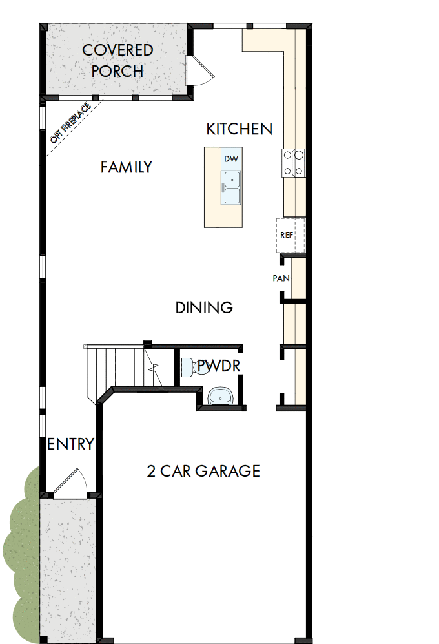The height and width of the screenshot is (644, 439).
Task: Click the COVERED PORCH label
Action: [x=117, y=60]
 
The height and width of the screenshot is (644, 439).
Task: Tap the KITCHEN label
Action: [x=239, y=129]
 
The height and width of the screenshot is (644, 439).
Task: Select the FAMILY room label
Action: [x=127, y=167]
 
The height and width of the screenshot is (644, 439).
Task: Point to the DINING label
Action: [x=204, y=308]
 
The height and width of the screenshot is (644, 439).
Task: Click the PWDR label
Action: [x=219, y=366]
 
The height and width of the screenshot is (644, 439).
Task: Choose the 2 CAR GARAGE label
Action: [x=203, y=471]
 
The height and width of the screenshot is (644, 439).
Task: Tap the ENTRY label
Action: [x=71, y=444]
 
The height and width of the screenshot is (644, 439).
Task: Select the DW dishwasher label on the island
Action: [x=230, y=159]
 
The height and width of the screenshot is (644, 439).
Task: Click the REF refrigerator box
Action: [x=287, y=234]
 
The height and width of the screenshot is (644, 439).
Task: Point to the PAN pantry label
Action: [x=281, y=279]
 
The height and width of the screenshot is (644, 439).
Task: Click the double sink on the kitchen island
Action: [x=230, y=188]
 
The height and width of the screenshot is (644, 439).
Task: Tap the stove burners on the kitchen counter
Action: [x=294, y=162]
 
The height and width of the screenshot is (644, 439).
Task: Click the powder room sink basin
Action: [x=219, y=395]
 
